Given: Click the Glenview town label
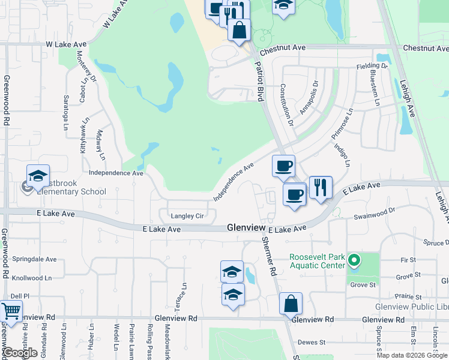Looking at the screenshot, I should coord(246,228).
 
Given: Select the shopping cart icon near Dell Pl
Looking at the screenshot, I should coord(10,311).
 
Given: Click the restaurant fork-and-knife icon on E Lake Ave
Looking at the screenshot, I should coord(321,187).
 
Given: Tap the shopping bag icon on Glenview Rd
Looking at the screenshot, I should coord(291,304).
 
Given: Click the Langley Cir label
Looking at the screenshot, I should coord(188,216).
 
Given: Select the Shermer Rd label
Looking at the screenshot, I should coord(268,256).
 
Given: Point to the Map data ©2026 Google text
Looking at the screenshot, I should coord(412,355).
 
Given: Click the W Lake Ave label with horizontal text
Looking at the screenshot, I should coord(66,44).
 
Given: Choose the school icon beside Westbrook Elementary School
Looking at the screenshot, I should coord(38,175).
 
